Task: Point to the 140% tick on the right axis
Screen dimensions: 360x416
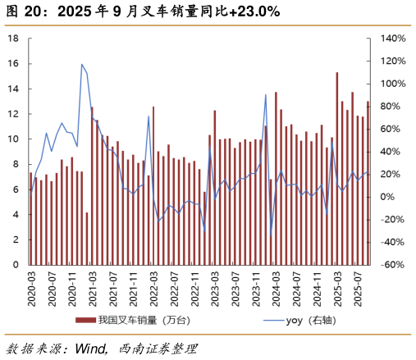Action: [392, 39]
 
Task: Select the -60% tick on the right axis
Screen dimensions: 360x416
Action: [391, 265]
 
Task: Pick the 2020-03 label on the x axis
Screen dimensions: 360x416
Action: [31, 289]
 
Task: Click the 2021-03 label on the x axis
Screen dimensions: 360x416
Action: [92, 289]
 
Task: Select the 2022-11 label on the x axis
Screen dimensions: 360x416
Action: [194, 289]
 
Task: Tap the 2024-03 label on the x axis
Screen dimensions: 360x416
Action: [276, 289]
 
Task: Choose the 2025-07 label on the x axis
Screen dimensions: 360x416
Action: [357, 289]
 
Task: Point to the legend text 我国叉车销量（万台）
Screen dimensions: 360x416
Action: [144, 320]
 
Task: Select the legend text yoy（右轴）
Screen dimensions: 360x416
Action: [316, 320]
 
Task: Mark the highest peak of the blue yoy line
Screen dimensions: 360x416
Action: [82, 64]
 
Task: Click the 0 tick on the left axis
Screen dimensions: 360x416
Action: [14, 265]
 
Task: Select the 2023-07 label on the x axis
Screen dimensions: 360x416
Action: [235, 289]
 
